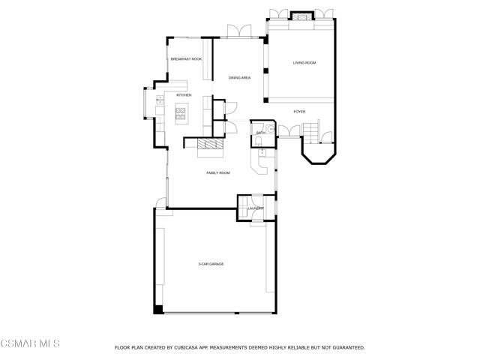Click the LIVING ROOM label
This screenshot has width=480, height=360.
(304, 63)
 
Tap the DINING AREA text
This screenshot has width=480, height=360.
(239, 78)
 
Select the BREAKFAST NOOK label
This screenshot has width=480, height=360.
(186, 59)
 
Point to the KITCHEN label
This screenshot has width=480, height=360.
(184, 95)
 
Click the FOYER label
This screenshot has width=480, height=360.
(299, 112)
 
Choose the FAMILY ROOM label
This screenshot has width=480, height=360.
(218, 173)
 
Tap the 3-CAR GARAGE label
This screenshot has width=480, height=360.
(211, 264)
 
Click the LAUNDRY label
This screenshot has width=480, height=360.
(256, 208)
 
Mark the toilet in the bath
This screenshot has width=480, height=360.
(258, 141)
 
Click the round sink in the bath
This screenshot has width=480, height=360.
(271, 130)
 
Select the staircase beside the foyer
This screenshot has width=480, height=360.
(311, 133)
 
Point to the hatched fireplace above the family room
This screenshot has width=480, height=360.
(210, 143)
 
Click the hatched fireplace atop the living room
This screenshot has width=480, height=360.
(302, 16)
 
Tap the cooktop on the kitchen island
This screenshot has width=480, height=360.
(181, 113)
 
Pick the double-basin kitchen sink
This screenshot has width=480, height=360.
(160, 100)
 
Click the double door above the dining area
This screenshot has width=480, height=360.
(239, 31)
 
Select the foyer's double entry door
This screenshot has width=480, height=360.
(289, 130)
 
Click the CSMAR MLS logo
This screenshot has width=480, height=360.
(30, 343)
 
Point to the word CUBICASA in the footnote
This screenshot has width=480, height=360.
(185, 348)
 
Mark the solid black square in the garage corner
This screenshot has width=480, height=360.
(158, 309)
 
